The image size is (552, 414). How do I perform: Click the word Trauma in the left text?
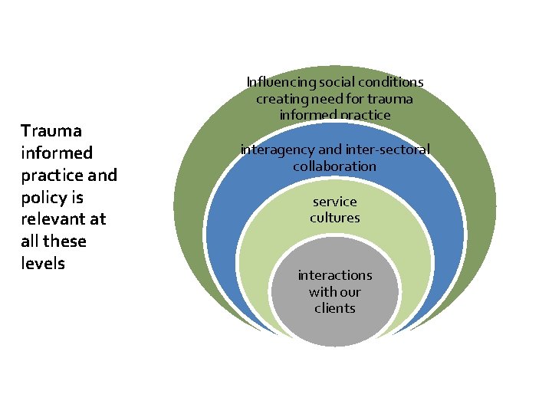pos(51,131)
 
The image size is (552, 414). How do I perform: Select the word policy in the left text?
pos(41,198)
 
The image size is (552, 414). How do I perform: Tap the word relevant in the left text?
pos(53,219)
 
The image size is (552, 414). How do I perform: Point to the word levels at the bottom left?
pos(43,264)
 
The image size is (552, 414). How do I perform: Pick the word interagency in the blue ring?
pos(277,149)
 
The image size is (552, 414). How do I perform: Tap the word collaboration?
pos(334,166)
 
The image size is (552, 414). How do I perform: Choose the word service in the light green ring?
pos(335,202)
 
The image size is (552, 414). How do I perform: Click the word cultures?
pos(335,218)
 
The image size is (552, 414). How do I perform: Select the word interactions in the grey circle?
pos(335,275)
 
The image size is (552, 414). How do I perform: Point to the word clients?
pos(335,308)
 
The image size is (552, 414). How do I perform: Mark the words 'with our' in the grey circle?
pos(335,291)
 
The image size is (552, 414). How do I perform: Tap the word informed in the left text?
pos(57,153)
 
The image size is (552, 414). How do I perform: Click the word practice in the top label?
pos(366,115)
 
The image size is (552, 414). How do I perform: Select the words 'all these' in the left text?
pos(54,242)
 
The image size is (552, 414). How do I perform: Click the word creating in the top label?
pos(279,99)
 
